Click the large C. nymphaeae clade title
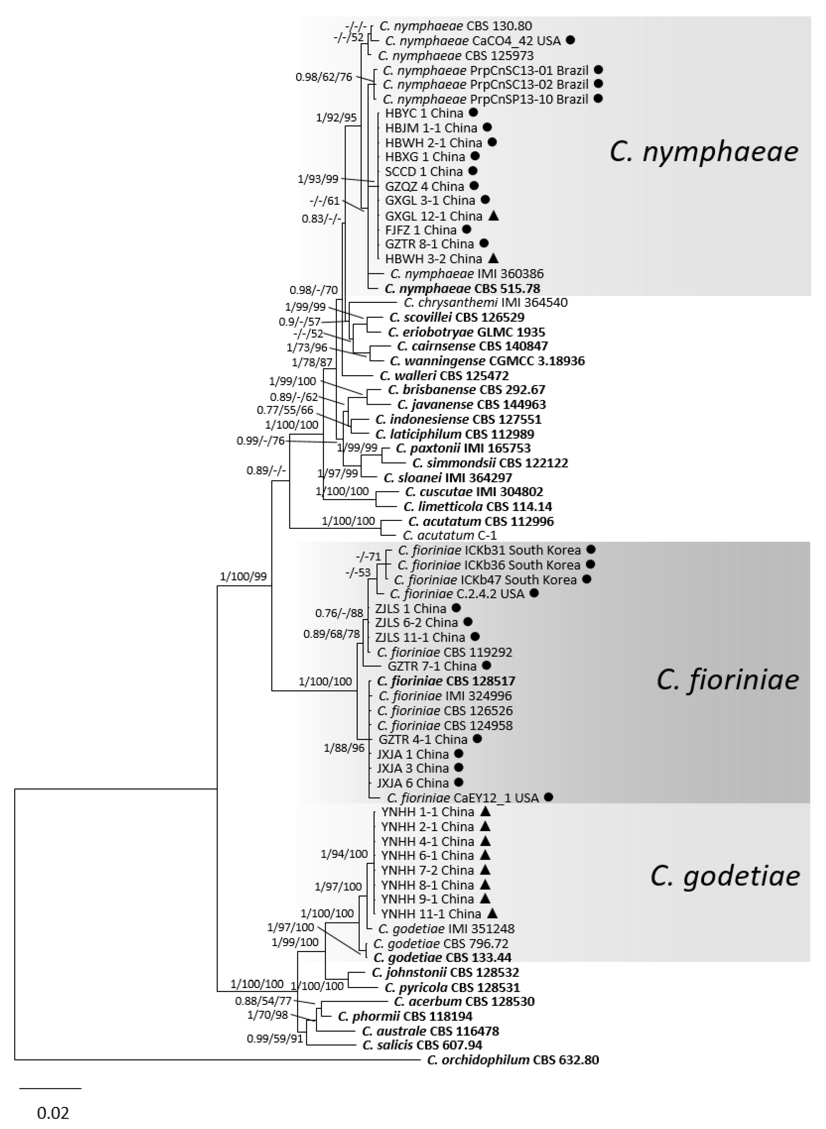(x=704, y=152)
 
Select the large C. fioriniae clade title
(x=727, y=680)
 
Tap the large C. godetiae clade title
(x=725, y=876)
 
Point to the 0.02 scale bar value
(x=53, y=1113)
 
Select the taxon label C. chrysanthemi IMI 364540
(x=485, y=303)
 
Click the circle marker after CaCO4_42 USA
(x=571, y=40)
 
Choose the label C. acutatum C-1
(x=449, y=535)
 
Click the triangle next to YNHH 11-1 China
(x=493, y=913)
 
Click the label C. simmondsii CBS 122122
(x=490, y=463)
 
